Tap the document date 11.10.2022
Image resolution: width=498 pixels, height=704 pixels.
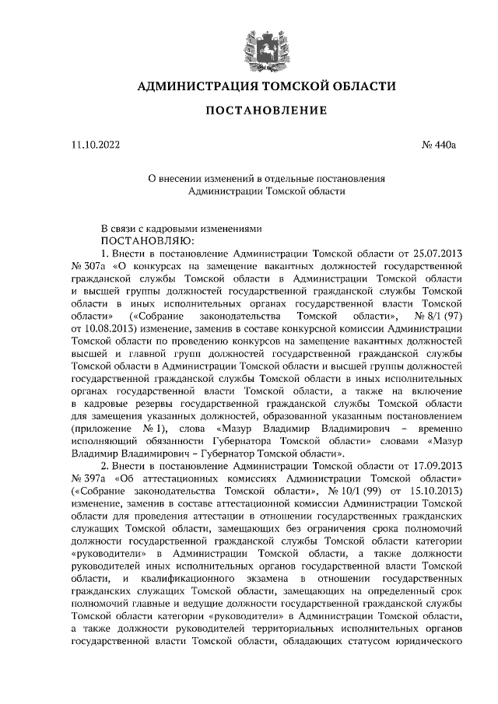tap(95, 145)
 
